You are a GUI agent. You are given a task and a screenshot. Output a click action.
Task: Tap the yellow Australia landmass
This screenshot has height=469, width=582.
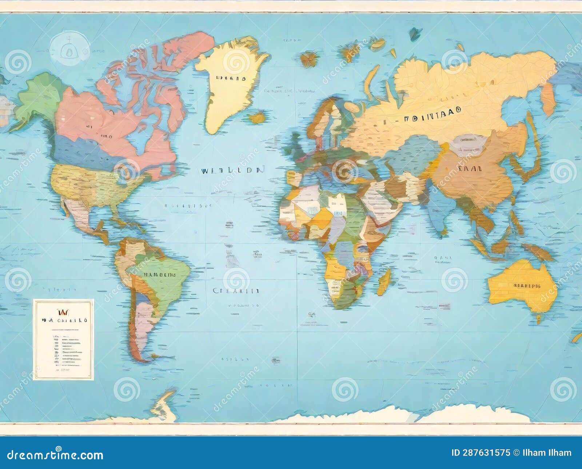click(x=520, y=287)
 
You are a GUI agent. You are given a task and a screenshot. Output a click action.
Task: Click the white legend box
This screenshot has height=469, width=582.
click(x=63, y=339)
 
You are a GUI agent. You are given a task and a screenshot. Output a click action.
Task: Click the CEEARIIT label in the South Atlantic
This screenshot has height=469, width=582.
click(x=236, y=291)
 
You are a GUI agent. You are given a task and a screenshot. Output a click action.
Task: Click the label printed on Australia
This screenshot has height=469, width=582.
click(x=526, y=286)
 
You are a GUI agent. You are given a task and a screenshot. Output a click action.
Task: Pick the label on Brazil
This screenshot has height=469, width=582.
click(x=160, y=275)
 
